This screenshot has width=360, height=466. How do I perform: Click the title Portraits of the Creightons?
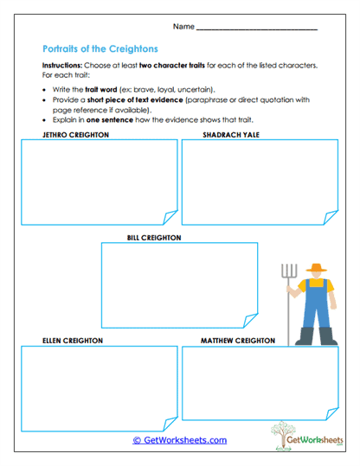[99, 49]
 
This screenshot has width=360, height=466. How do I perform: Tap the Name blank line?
[256, 29]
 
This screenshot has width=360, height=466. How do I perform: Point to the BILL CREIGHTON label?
[154, 236]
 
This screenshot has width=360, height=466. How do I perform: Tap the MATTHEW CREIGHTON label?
[238, 341]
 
